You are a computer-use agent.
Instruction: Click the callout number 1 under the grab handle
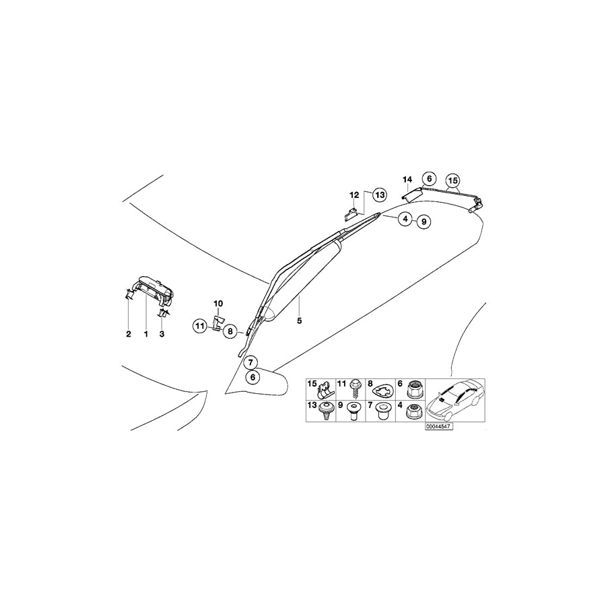pyautogui.click(x=145, y=334)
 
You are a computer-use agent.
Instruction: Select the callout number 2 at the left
pyautogui.click(x=129, y=334)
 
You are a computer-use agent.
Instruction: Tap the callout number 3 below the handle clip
pyautogui.click(x=162, y=334)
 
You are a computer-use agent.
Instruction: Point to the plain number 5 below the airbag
pyautogui.click(x=299, y=321)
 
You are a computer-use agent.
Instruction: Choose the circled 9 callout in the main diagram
pyautogui.click(x=424, y=222)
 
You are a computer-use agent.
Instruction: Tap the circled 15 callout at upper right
pyautogui.click(x=452, y=180)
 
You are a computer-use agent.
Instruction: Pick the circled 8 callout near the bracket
pyautogui.click(x=230, y=331)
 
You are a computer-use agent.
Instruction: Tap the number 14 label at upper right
pyautogui.click(x=407, y=180)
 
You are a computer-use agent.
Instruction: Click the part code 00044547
pyautogui.click(x=438, y=426)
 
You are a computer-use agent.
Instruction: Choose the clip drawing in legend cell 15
pyautogui.click(x=324, y=391)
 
